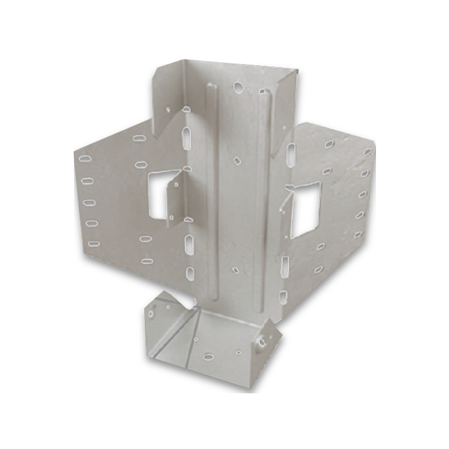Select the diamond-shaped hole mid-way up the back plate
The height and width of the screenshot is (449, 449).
(238, 160)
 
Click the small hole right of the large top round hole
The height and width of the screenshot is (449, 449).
(262, 91)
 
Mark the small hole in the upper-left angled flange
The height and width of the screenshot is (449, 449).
(169, 109)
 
